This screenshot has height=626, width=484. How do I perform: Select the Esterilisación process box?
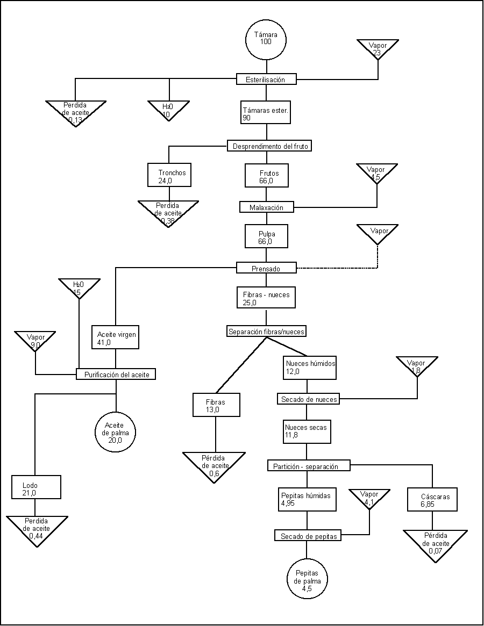click(266, 80)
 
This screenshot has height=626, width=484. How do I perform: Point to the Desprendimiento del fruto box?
click(269, 146)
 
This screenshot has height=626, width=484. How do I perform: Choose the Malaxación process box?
click(267, 207)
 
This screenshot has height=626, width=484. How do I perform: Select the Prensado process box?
click(266, 268)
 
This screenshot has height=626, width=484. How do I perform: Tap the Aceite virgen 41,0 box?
click(116, 338)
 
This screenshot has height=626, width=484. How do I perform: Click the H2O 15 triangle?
click(80, 287)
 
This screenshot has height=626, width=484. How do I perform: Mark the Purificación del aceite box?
click(116, 374)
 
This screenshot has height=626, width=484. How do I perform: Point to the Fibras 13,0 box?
click(216, 405)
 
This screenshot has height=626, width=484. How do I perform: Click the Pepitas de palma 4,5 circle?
click(307, 580)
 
